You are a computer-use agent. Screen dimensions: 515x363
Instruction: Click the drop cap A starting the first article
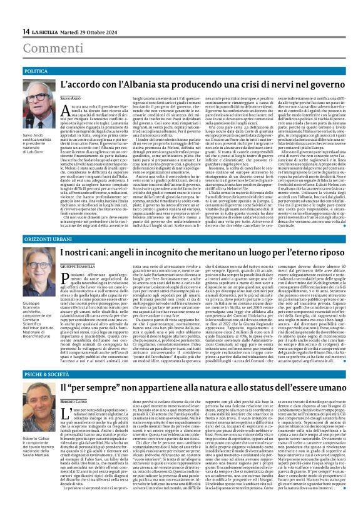coord(80,111)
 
